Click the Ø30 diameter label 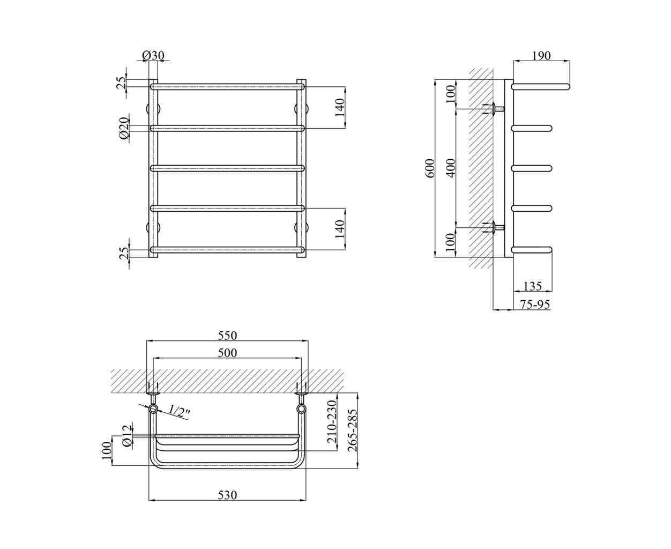(x=153, y=55)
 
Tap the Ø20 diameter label (x=124, y=128)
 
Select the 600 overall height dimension (x=429, y=168)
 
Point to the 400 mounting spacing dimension (x=451, y=168)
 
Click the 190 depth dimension (x=541, y=56)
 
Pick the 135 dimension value (x=533, y=286)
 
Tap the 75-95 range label (x=535, y=305)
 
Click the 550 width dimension (x=227, y=336)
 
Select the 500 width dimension (x=227, y=353)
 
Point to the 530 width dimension (x=227, y=495)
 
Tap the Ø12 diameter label (x=126, y=436)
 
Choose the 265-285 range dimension (x=352, y=431)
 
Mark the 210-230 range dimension (x=332, y=422)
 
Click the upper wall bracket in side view (x=494, y=109)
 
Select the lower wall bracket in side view (x=494, y=227)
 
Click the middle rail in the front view (x=227, y=168)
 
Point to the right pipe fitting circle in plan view (x=301, y=409)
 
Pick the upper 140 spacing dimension (x=340, y=108)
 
